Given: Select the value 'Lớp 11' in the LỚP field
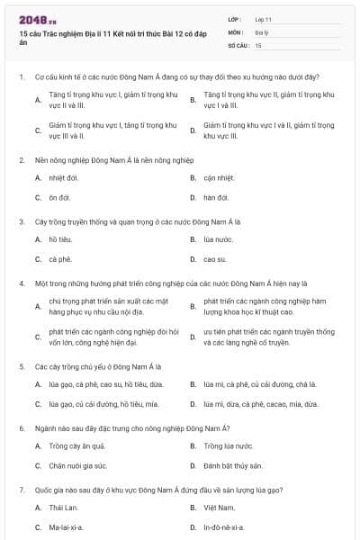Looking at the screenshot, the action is tap(263, 19).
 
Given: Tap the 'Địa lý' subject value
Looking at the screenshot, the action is tap(261, 31).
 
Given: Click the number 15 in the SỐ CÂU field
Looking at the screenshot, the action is tap(258, 44).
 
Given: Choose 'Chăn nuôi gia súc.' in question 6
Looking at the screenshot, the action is tap(78, 465).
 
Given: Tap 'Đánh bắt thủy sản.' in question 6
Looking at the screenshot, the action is tap(233, 465).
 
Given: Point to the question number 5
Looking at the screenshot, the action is tap(21, 367).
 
